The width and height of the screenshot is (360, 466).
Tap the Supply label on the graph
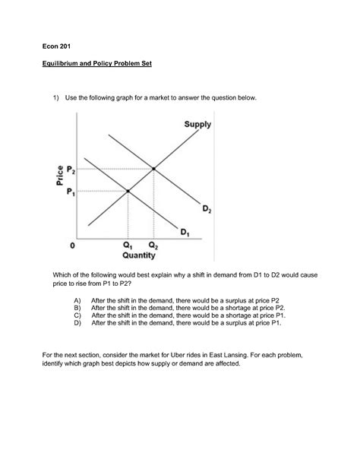coord(197,124)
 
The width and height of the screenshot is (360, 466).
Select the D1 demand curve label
coord(185,231)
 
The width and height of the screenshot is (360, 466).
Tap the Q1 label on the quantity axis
coord(127,246)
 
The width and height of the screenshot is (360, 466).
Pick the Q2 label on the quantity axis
coord(154,246)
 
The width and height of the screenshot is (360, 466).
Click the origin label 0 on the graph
coord(73,246)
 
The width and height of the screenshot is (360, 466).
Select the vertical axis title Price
coord(58,176)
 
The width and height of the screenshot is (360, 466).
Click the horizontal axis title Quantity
coord(139,255)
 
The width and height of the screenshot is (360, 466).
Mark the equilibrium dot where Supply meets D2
coord(155,168)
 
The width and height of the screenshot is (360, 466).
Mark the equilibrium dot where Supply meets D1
coord(128,190)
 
